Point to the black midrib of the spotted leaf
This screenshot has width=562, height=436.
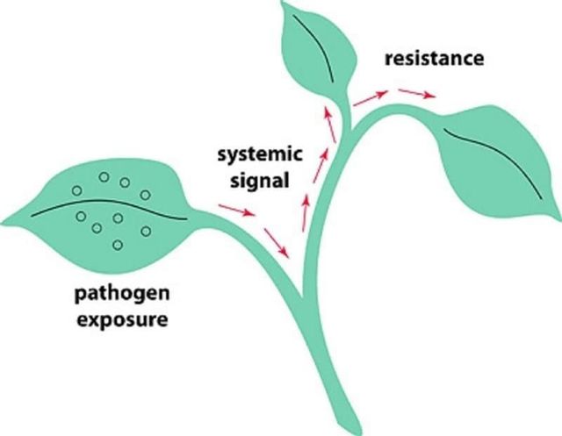[105, 208]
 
